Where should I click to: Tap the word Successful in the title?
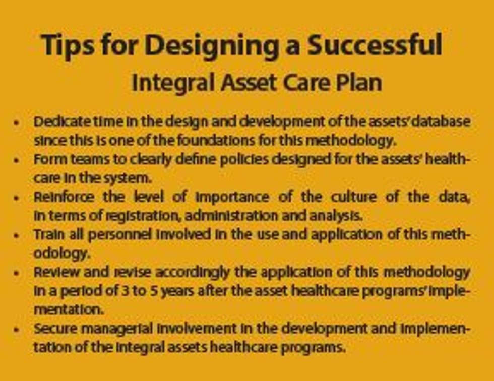click(376, 45)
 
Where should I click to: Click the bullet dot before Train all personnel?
click(17, 235)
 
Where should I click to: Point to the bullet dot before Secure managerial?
click(17, 330)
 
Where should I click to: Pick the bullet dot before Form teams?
click(17, 160)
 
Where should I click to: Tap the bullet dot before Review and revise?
click(17, 273)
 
